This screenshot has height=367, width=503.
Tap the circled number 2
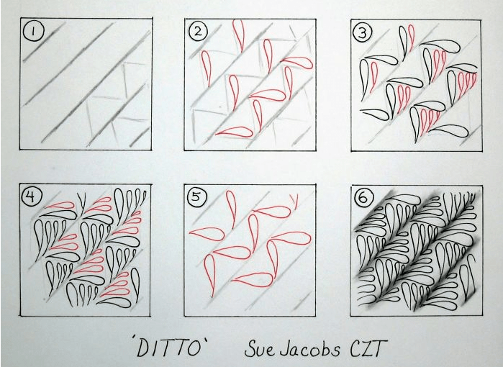[198, 32]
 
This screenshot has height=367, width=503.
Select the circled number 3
[363, 32]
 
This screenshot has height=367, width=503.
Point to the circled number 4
[30, 196]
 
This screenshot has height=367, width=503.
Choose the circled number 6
[363, 198]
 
